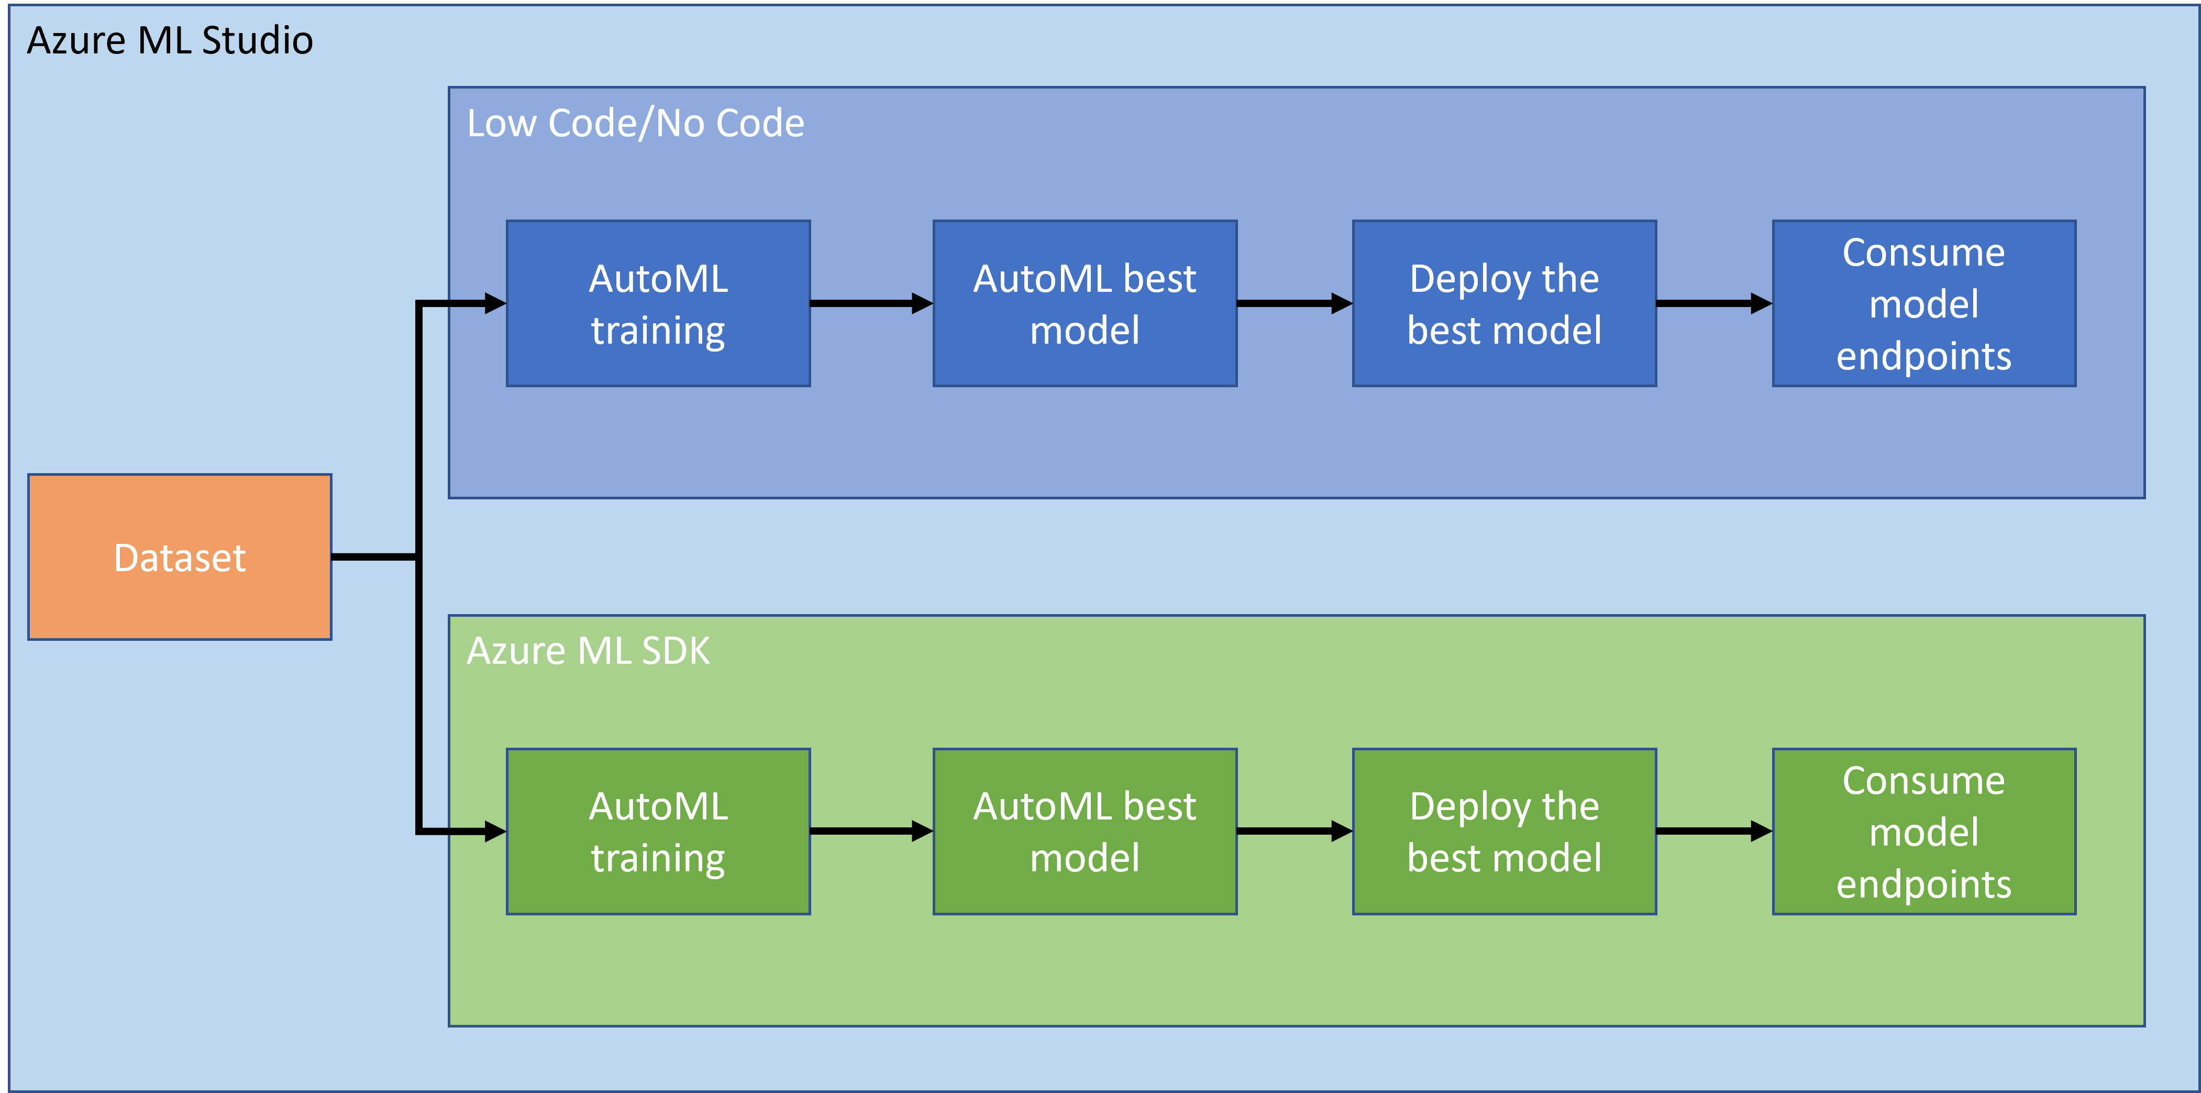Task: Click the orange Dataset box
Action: click(180, 557)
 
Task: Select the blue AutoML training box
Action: click(658, 303)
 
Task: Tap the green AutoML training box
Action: click(658, 832)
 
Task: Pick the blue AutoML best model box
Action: click(1084, 303)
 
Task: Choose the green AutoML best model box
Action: click(1084, 832)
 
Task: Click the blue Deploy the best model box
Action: click(1504, 303)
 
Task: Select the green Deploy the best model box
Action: click(1504, 832)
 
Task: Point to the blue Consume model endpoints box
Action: click(1923, 303)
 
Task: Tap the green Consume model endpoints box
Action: click(1923, 832)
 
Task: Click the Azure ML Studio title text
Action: click(170, 41)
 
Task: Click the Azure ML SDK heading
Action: click(588, 651)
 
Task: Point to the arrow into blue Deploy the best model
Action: click(1293, 303)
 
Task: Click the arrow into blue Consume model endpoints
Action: click(1713, 303)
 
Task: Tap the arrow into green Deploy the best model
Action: click(1293, 830)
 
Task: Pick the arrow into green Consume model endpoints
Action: click(1713, 830)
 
